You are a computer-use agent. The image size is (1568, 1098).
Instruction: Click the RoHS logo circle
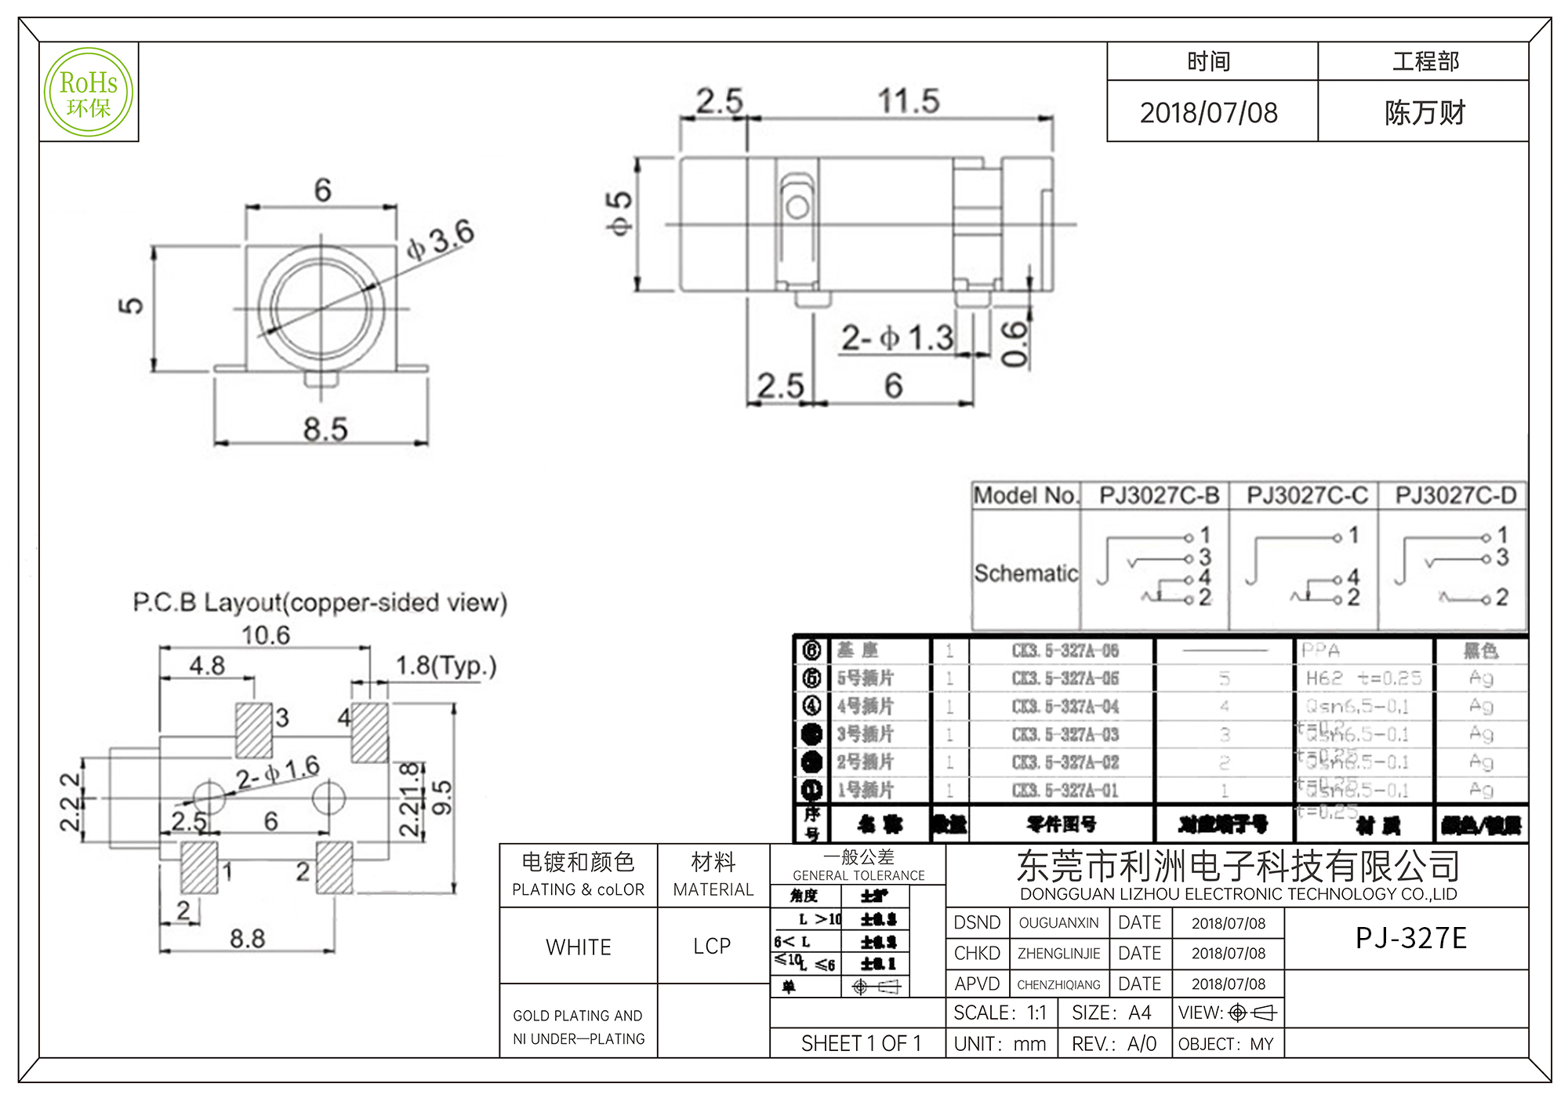(x=89, y=93)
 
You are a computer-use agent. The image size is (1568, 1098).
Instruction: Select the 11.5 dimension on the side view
(x=908, y=101)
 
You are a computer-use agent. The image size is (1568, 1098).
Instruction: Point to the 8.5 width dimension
(x=325, y=430)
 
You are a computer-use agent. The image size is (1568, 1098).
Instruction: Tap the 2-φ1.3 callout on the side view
(x=897, y=338)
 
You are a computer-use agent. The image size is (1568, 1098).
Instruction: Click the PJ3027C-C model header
(x=1307, y=496)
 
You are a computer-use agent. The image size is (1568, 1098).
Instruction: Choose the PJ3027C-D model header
(x=1455, y=496)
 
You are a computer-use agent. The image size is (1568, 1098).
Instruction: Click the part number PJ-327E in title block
(x=1410, y=938)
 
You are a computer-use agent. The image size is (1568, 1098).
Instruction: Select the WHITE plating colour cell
(x=579, y=947)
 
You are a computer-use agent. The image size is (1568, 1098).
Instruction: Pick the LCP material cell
(x=712, y=946)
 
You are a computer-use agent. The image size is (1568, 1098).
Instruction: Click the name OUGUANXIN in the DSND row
(x=1058, y=923)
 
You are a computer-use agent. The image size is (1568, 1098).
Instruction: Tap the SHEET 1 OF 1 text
(x=861, y=1043)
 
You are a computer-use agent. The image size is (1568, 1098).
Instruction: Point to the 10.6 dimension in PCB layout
(x=265, y=635)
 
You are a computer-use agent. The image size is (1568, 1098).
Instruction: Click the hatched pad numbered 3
(x=254, y=729)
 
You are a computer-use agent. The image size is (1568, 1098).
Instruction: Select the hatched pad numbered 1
(x=199, y=867)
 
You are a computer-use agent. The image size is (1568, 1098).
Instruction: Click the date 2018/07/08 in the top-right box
(x=1208, y=113)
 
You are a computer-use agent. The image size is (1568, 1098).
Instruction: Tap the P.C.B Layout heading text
(x=320, y=602)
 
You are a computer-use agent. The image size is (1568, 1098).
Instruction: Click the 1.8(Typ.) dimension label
(x=445, y=666)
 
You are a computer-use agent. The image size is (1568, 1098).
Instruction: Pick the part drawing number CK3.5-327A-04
(x=1065, y=707)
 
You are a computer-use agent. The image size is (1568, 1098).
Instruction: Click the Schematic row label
(x=1025, y=573)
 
